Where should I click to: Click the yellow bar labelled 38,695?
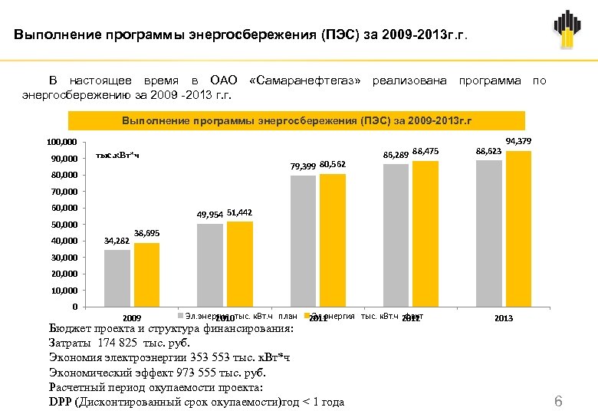point(146,274)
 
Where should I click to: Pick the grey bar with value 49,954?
point(210,265)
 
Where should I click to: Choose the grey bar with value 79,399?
point(304,241)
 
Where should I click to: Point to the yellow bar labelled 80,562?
point(333,240)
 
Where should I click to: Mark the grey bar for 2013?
point(489,233)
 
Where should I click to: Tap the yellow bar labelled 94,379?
point(518,228)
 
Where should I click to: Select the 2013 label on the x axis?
point(504,318)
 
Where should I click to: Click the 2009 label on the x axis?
point(132,318)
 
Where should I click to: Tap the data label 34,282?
point(117,241)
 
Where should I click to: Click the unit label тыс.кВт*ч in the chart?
point(117,156)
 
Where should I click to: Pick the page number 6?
point(558,402)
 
